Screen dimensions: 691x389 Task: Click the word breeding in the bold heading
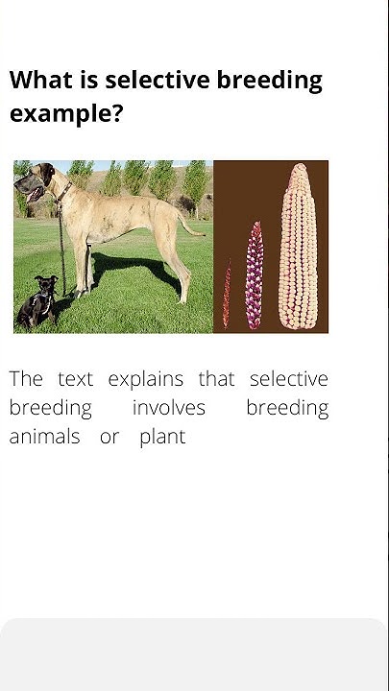270,81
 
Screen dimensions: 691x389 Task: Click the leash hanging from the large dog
62,240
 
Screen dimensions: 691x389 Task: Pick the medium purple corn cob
255,275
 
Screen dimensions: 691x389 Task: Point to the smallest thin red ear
228,294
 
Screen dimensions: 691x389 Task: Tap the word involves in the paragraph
168,409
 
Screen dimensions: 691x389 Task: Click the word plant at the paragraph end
162,439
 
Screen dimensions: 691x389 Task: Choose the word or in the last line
109,439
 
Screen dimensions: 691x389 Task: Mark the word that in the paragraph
216,379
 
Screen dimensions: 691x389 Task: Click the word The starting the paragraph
26,379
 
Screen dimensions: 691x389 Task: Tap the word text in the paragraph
75,380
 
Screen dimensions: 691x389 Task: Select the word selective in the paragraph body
288,379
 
